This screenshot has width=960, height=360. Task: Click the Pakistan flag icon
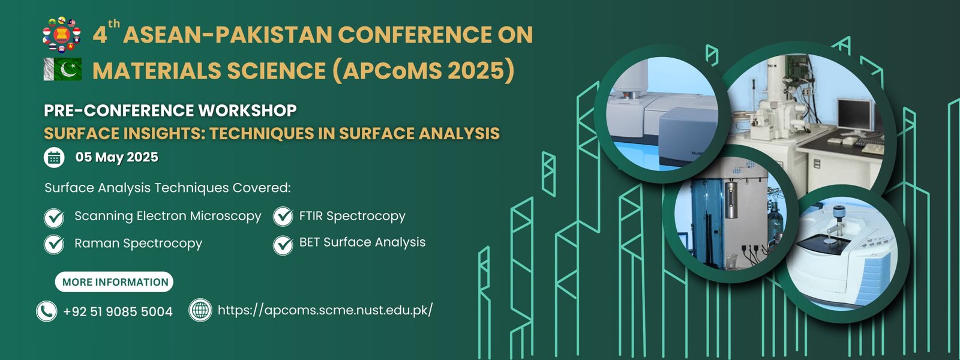coord(62,70)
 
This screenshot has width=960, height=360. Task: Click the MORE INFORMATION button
coord(114,282)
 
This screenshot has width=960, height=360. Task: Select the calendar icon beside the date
coord(54,157)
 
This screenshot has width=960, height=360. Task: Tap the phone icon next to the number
coord(47,311)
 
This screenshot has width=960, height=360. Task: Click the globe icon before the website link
coord(200,310)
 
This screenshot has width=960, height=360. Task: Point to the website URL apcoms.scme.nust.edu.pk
coord(325,310)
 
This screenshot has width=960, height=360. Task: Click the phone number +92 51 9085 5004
coord(118,311)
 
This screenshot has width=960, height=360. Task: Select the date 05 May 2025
coord(117,157)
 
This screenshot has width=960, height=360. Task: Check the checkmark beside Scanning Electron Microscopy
coord(55,218)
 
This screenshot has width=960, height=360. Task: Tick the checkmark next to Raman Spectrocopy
coord(55,244)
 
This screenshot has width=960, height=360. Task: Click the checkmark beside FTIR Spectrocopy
coord(283,217)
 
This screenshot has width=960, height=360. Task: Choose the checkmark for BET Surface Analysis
coord(283,245)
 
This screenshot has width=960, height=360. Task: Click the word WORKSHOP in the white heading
coord(247,110)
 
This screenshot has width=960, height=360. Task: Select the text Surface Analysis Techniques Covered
coord(167,188)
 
